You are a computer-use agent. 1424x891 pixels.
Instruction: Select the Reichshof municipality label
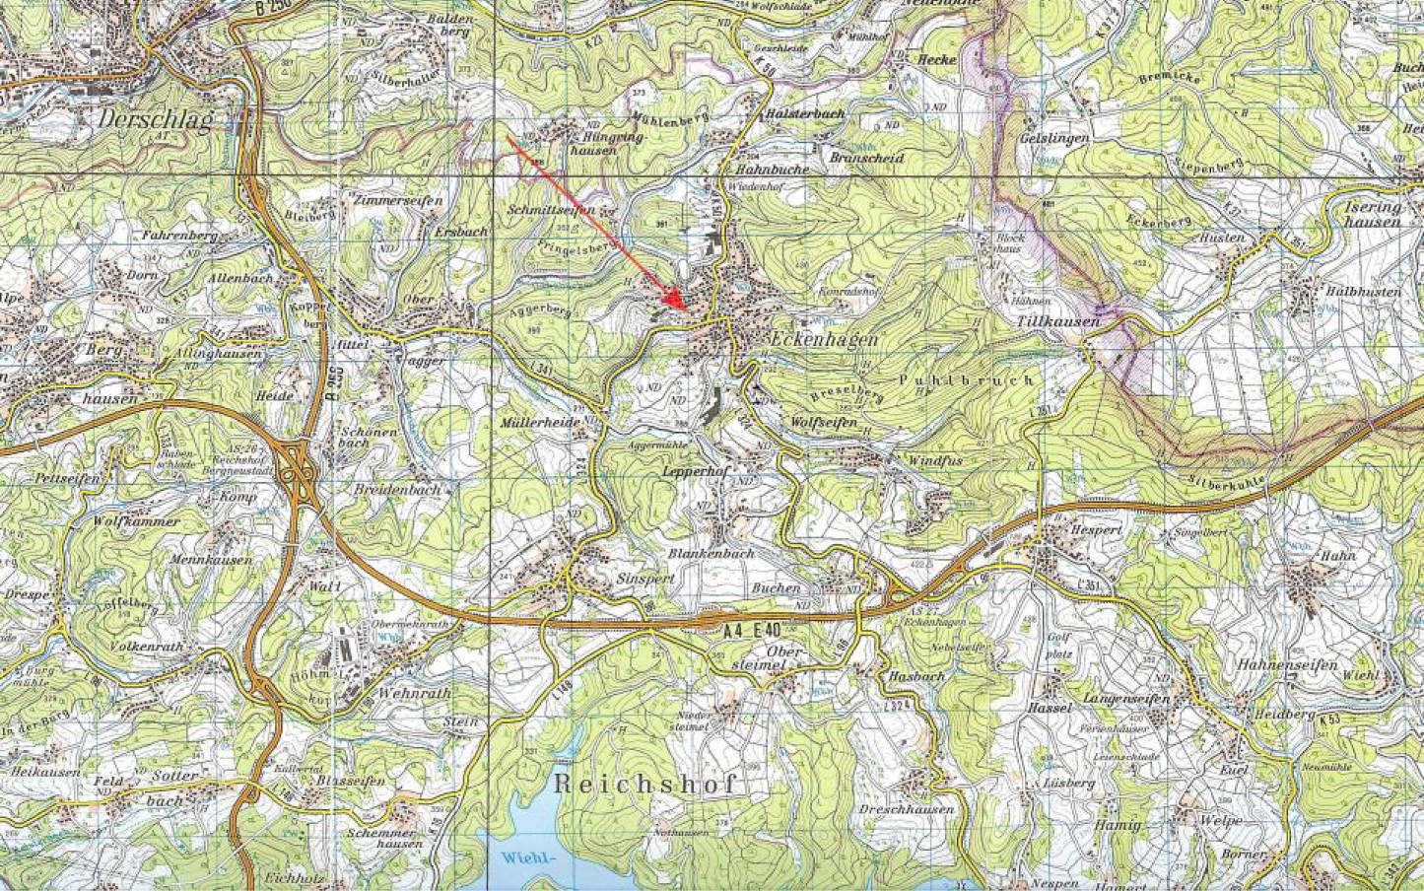click(x=645, y=785)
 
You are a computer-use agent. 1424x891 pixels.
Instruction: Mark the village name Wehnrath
click(x=413, y=693)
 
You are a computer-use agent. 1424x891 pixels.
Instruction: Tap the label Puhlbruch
click(x=967, y=379)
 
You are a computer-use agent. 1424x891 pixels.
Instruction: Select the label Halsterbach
click(x=804, y=114)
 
